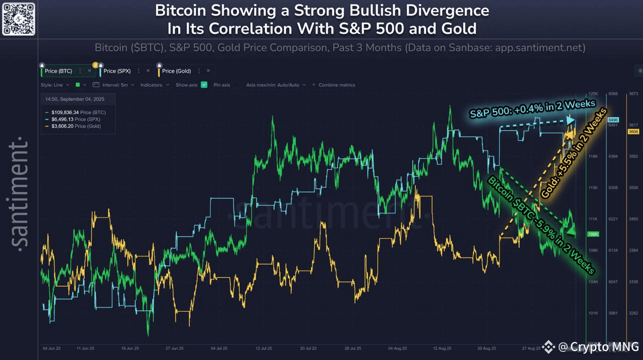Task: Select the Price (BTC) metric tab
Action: [x=58, y=71]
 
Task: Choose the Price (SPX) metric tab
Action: [x=117, y=71]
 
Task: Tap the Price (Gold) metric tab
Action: [x=176, y=71]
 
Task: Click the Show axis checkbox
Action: [x=204, y=85]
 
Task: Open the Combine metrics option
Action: [x=336, y=85]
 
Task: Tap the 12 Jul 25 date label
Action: [x=264, y=347]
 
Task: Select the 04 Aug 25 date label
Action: [x=397, y=347]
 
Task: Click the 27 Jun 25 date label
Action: [x=174, y=347]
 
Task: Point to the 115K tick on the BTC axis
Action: [x=593, y=188]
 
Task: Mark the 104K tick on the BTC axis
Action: [x=593, y=282]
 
